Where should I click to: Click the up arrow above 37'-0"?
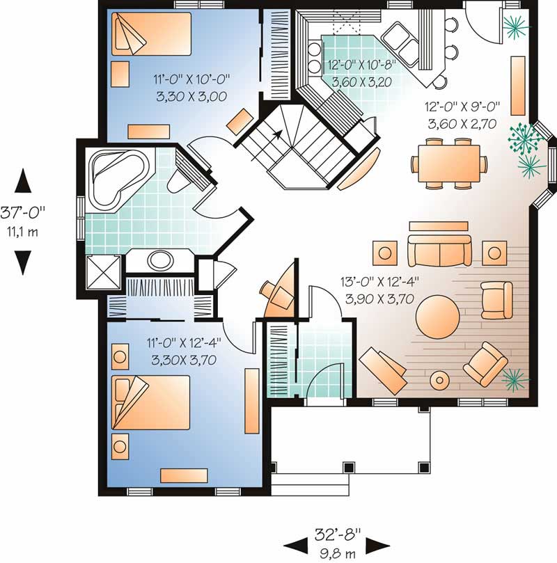[23, 182]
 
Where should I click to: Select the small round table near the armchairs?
[440, 380]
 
